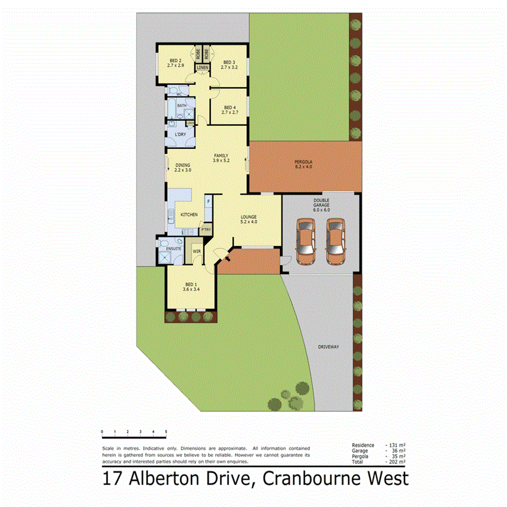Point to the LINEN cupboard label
[x=203, y=68]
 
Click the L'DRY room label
[x=180, y=135]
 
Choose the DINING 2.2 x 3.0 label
[x=183, y=167]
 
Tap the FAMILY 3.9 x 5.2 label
[x=221, y=158]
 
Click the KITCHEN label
[x=188, y=215]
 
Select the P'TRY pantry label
[x=206, y=230]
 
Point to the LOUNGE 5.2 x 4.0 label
[x=248, y=219]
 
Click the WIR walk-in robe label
[x=197, y=251]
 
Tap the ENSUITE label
[x=174, y=248]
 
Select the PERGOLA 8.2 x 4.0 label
[x=303, y=165]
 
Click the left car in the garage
[x=305, y=241]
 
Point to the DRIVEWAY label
[x=328, y=347]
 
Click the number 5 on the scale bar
[x=166, y=432]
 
